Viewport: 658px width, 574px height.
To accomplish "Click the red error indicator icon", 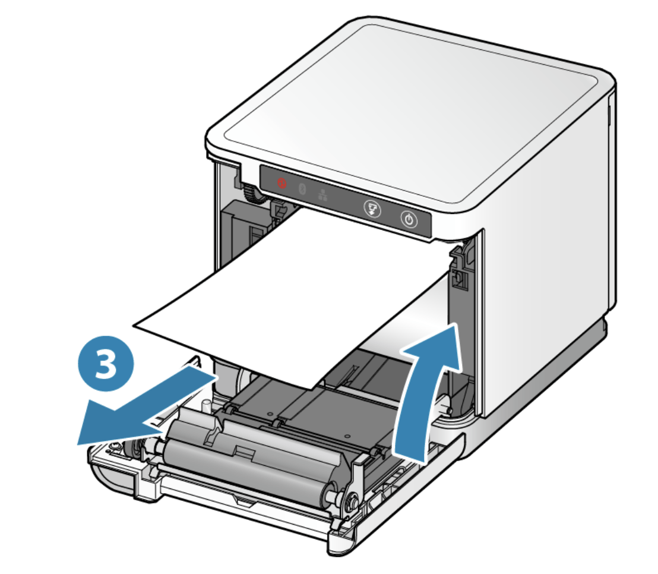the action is (281, 183).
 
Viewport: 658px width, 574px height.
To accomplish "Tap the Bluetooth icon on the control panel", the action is (302, 189).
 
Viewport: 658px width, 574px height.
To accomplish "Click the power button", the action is (409, 219).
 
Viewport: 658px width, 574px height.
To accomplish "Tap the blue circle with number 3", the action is (106, 363).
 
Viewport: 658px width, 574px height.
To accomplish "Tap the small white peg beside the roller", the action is (205, 406).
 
